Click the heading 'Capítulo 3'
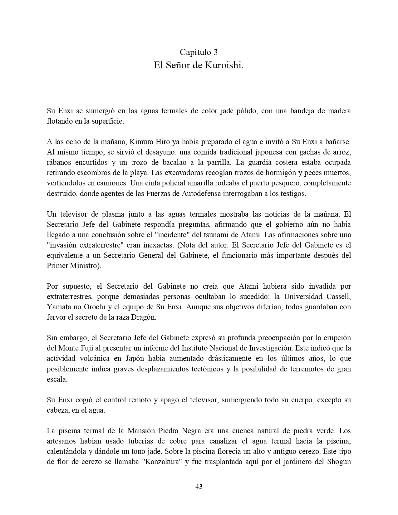click(199, 52)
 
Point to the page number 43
click(199, 486)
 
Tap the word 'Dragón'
click(142, 317)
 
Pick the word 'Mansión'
click(141, 431)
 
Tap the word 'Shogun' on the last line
click(339, 462)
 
